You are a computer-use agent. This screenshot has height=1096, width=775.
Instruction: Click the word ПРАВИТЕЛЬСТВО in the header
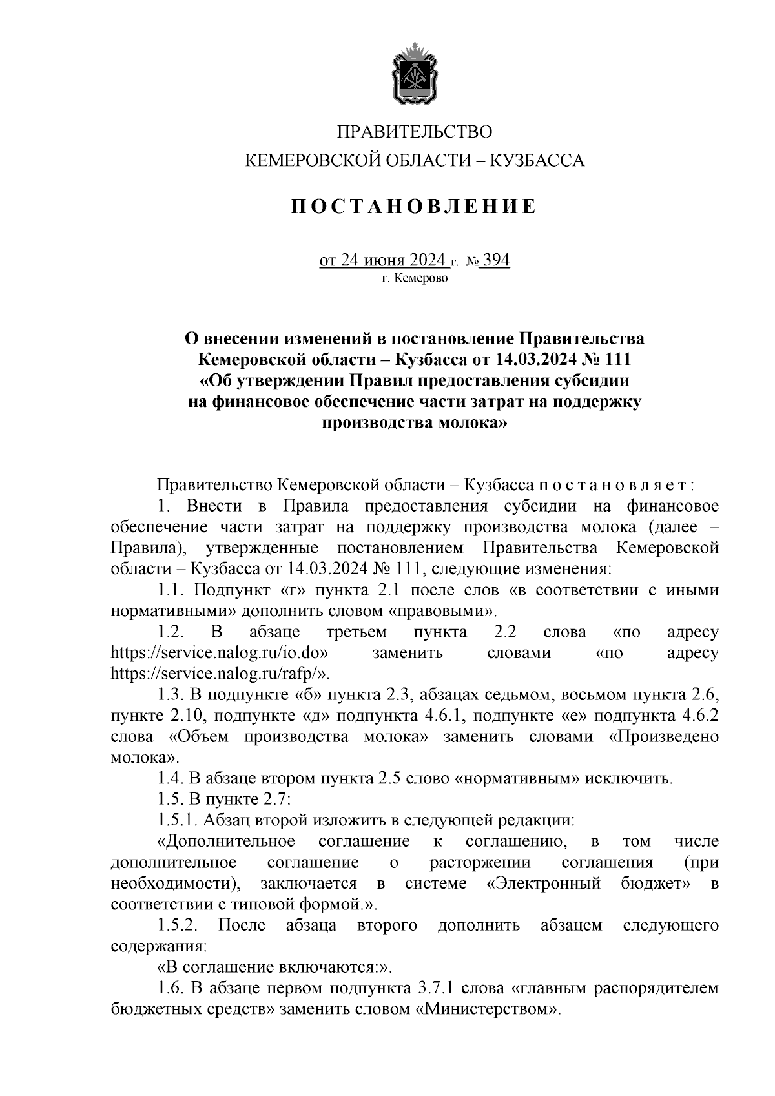click(415, 132)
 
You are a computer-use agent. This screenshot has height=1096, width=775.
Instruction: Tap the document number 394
click(496, 260)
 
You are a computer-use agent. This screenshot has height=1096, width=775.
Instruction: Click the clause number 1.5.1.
click(177, 821)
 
